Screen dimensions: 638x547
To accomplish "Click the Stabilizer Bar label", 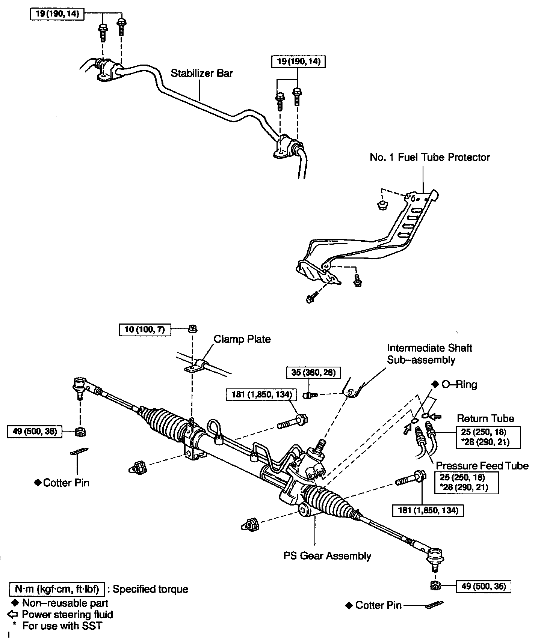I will pos(202,73).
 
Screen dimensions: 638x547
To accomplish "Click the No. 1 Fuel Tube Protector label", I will pos(430,157).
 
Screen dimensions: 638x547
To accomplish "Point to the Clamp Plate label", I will pos(242,339).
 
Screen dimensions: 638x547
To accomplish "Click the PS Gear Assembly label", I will pos(327,556).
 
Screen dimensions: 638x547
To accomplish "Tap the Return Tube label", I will pos(485,418).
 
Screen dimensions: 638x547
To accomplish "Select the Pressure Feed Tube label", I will pos(482,466).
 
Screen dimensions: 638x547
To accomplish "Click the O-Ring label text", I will pos(459,384).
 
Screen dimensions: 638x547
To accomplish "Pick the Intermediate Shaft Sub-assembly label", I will pos(429,354).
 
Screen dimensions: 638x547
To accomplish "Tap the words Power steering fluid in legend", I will pos(67,614).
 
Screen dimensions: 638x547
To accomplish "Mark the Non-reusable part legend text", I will pos(65,603).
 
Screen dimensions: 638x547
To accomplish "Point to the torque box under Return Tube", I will pos(488,437).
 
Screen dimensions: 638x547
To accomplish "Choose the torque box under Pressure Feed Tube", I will pos(469,483).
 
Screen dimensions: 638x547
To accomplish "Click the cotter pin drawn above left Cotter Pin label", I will pos(79,451).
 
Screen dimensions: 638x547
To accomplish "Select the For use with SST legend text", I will pos(62,626).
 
